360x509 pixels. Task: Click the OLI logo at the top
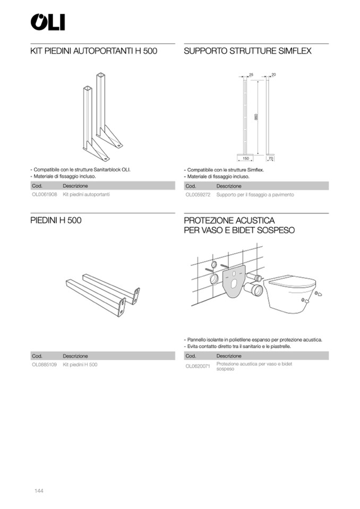pyautogui.click(x=47, y=22)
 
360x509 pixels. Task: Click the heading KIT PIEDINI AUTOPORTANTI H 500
pyautogui.click(x=94, y=51)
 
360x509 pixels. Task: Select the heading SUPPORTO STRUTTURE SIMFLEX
pyautogui.click(x=247, y=51)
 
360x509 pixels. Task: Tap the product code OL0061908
pyautogui.click(x=44, y=195)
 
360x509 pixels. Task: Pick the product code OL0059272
pyautogui.click(x=198, y=195)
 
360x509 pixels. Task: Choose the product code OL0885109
pyautogui.click(x=44, y=365)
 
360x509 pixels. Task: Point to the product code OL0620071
pyautogui.click(x=198, y=366)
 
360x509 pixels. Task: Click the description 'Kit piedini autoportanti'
pyautogui.click(x=86, y=195)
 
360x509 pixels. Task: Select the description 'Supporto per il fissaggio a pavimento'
pyautogui.click(x=255, y=195)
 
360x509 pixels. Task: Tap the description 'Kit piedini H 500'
pyautogui.click(x=80, y=365)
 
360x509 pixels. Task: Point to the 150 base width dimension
pyautogui.click(x=246, y=158)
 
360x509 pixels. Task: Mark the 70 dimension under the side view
pyautogui.click(x=270, y=158)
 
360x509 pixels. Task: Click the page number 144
pyautogui.click(x=38, y=490)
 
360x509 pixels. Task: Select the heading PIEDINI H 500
pyautogui.click(x=56, y=220)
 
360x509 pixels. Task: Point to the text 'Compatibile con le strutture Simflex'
pyautogui.click(x=225, y=170)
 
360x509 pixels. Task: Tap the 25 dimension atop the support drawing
pyautogui.click(x=251, y=74)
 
